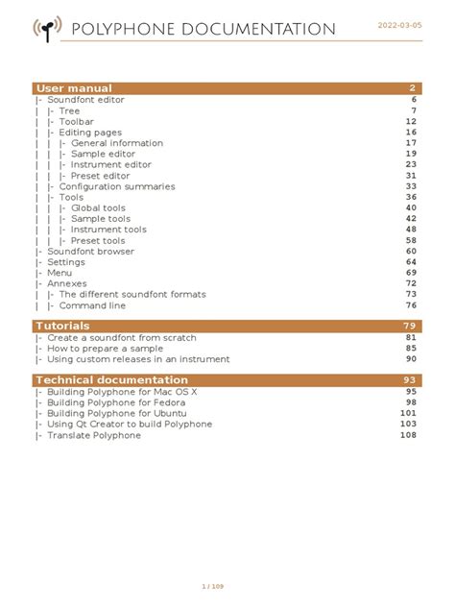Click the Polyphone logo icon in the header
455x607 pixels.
46,30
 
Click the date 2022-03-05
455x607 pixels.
399,25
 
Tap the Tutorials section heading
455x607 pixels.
62,326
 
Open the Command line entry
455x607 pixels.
92,305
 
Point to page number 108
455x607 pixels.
408,435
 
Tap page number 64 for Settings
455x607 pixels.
411,262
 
